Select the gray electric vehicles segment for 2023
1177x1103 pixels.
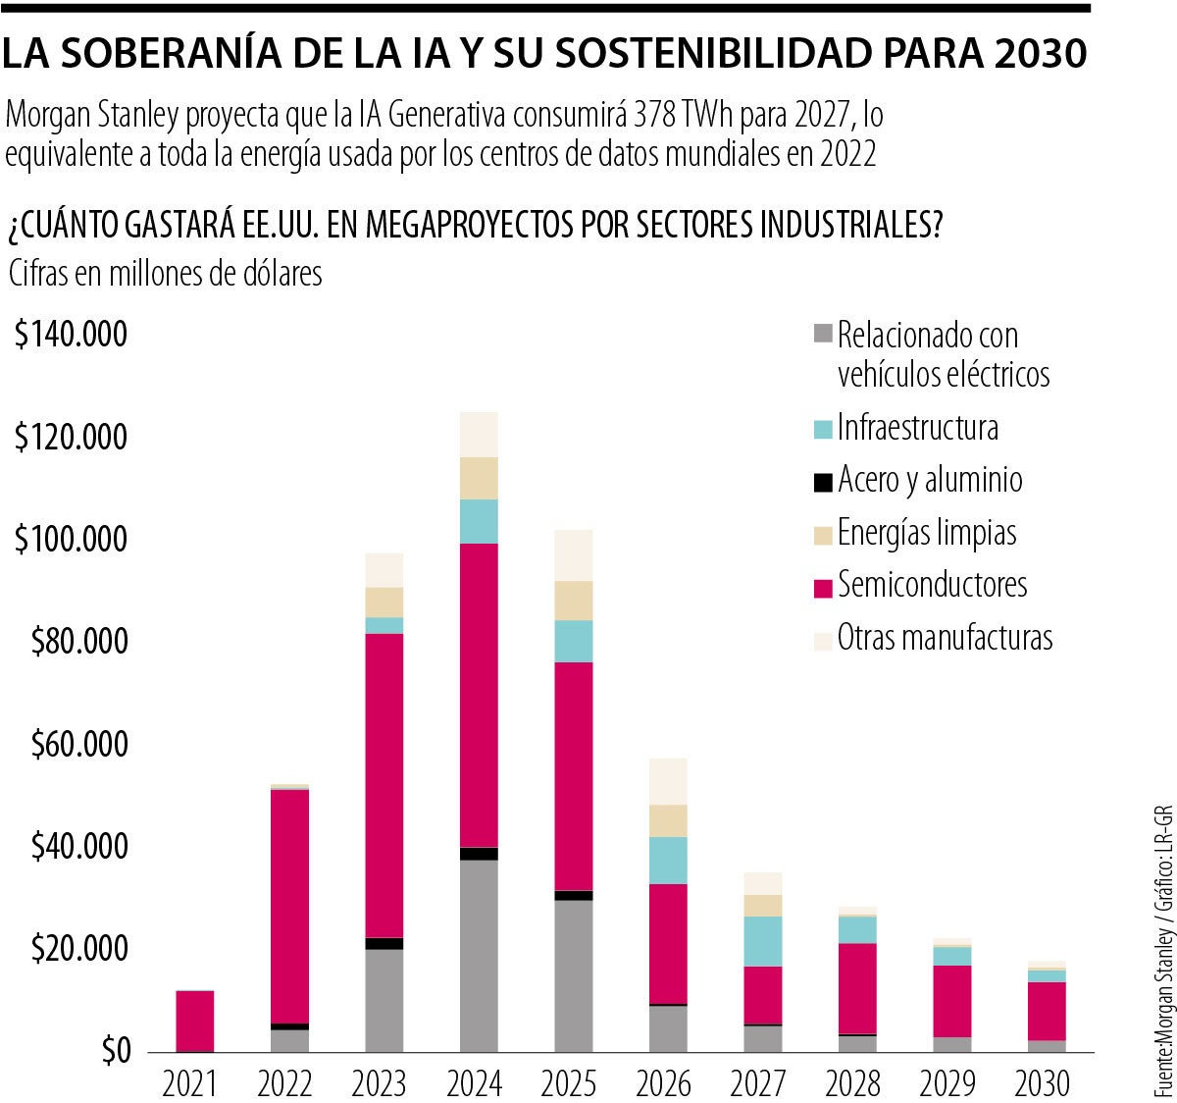tap(384, 1000)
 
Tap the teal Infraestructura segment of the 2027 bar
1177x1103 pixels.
tap(762, 941)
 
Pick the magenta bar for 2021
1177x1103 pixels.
tap(194, 1021)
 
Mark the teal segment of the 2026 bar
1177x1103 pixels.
tap(668, 860)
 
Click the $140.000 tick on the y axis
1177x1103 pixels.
tap(71, 335)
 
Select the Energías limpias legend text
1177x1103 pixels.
tap(927, 533)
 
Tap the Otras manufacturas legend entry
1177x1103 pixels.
tap(945, 638)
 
